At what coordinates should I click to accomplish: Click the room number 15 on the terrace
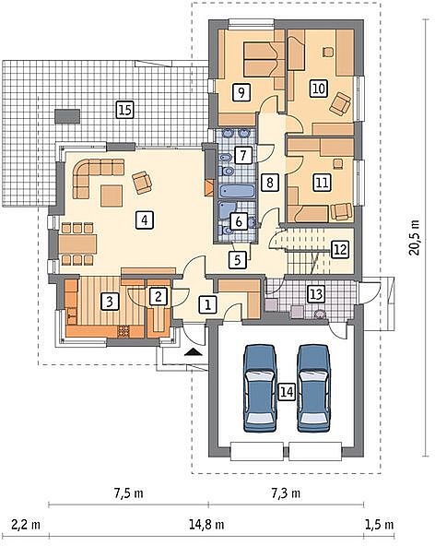click(124, 110)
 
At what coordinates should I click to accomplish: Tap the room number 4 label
click(145, 220)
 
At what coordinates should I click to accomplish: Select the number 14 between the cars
click(287, 392)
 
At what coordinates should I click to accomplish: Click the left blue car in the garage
click(261, 388)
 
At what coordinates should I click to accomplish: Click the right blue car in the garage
click(313, 388)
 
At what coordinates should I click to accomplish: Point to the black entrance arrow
click(194, 351)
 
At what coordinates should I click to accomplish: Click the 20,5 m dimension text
click(415, 238)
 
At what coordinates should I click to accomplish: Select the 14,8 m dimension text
click(206, 524)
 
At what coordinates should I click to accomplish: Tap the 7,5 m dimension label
click(128, 493)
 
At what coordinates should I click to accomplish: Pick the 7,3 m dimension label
click(286, 493)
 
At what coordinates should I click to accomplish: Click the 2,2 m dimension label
click(26, 524)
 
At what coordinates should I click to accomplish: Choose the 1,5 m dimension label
click(380, 524)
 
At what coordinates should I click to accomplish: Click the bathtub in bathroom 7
click(237, 192)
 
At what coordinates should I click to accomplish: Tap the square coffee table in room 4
click(112, 196)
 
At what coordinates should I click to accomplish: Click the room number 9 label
click(241, 92)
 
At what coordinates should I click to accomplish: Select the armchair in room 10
click(340, 103)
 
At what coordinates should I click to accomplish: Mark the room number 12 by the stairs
click(340, 249)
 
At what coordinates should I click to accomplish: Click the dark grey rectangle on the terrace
click(66, 116)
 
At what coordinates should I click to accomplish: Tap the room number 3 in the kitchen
click(110, 302)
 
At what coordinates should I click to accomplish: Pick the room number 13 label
click(315, 294)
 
